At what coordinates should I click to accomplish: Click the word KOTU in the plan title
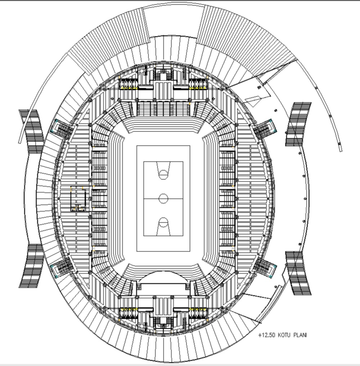pyautogui.click(x=284, y=335)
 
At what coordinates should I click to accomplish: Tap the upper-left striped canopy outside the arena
pyautogui.click(x=31, y=132)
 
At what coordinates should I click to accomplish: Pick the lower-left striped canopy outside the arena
pyautogui.click(x=31, y=266)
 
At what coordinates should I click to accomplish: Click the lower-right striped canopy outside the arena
pyautogui.click(x=298, y=273)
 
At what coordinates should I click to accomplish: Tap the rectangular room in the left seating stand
pyautogui.click(x=78, y=199)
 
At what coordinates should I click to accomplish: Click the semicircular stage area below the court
pyautogui.click(x=163, y=278)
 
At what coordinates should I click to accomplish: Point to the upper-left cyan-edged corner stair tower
pyautogui.click(x=61, y=129)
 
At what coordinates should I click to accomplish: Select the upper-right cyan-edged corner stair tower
pyautogui.click(x=265, y=129)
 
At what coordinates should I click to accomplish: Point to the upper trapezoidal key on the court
pyautogui.click(x=163, y=170)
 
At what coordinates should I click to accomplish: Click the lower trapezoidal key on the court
pyautogui.click(x=163, y=227)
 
